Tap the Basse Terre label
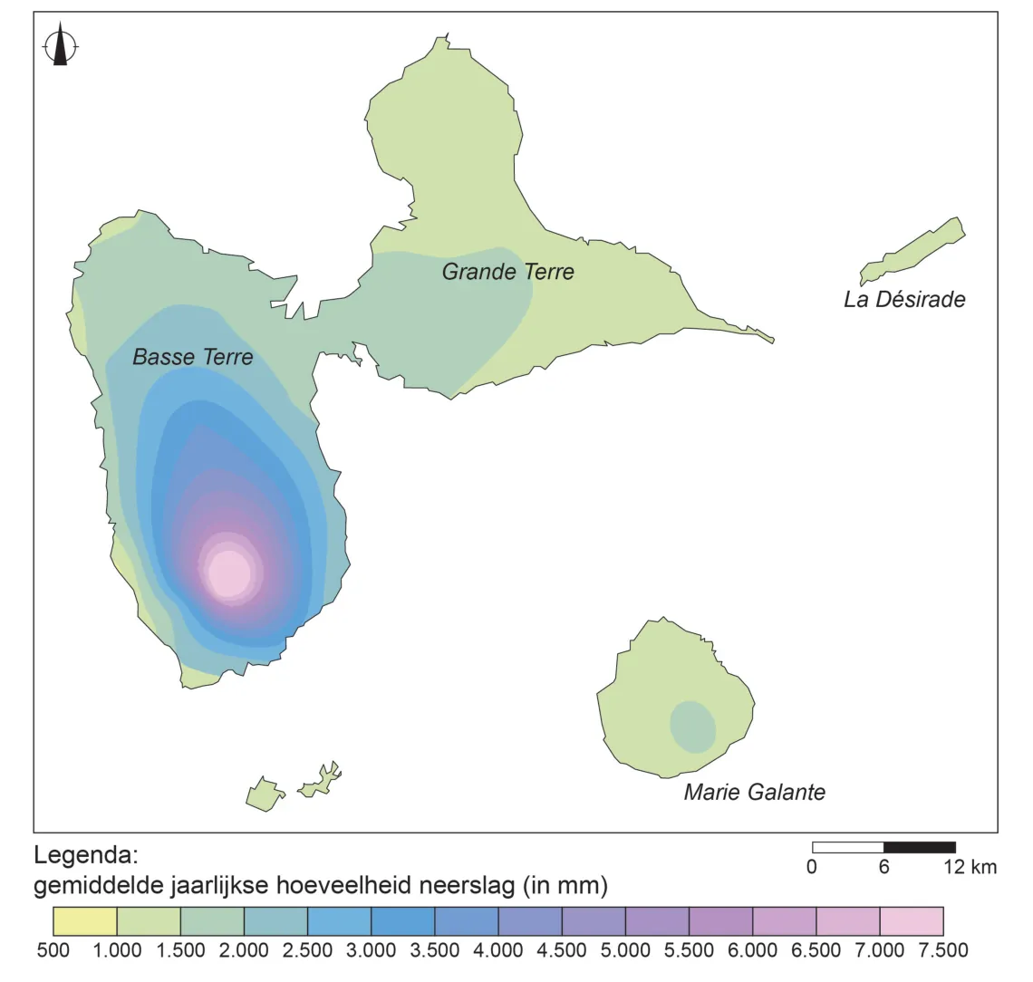tap(192, 357)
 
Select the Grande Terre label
tap(508, 272)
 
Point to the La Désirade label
tap(904, 300)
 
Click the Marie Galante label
tap(754, 792)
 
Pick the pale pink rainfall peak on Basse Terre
tap(229, 573)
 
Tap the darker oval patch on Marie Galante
tap(693, 727)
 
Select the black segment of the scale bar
tap(920, 848)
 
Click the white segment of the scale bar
tap(848, 848)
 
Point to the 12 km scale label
tap(970, 867)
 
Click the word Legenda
tap(86, 856)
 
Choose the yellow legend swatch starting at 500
tap(85, 920)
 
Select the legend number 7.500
tap(943, 950)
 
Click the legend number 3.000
tap(371, 950)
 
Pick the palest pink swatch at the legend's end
tap(912, 920)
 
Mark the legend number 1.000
tap(117, 950)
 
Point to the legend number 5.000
tap(626, 950)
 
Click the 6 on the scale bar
tap(884, 867)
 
